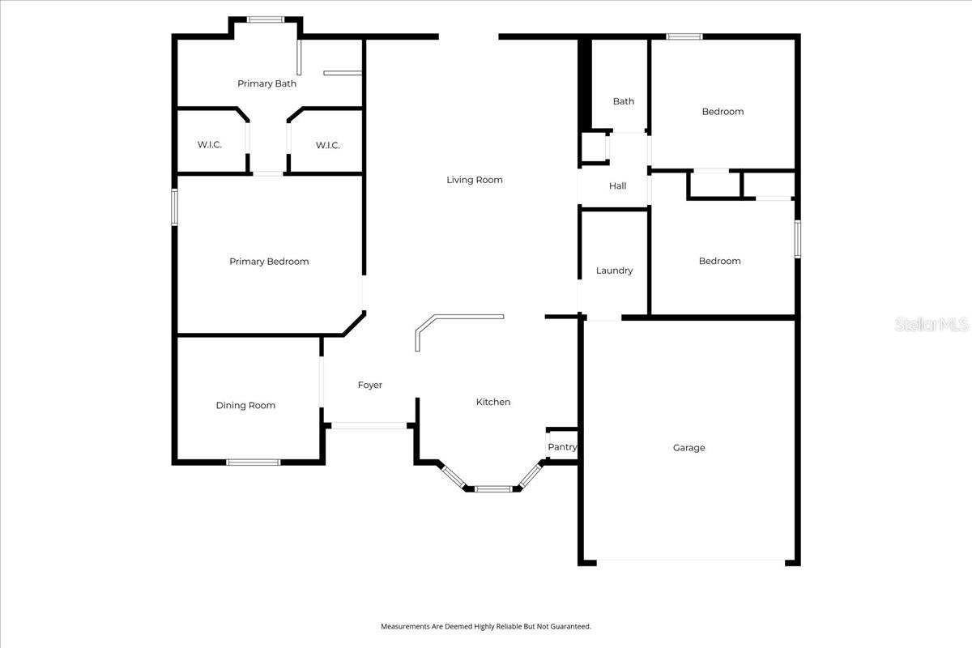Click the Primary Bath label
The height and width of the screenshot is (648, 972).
click(x=266, y=83)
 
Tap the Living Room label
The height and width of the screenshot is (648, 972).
click(x=475, y=180)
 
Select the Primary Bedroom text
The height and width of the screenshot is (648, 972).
click(x=269, y=262)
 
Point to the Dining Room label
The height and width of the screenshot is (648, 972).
click(x=245, y=406)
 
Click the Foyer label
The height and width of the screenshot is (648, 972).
click(x=370, y=386)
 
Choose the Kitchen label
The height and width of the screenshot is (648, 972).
click(x=493, y=403)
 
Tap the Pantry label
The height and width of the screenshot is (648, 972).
click(x=563, y=447)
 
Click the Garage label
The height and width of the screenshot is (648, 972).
click(x=689, y=448)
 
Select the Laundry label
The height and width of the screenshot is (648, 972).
click(x=615, y=271)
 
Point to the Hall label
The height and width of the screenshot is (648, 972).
click(x=618, y=186)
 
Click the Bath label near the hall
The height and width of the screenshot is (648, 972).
click(x=624, y=101)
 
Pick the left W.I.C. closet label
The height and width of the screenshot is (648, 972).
click(x=210, y=145)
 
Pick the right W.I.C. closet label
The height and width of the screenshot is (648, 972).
click(x=328, y=145)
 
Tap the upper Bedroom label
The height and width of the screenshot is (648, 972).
click(x=723, y=112)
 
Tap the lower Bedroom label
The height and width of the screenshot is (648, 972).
click(x=720, y=262)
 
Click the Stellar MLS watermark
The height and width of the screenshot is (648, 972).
click(x=932, y=325)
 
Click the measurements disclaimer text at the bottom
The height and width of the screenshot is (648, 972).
click(x=486, y=626)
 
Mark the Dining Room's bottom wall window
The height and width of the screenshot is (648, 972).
click(x=253, y=462)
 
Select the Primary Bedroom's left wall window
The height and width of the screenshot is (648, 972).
click(x=174, y=207)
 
